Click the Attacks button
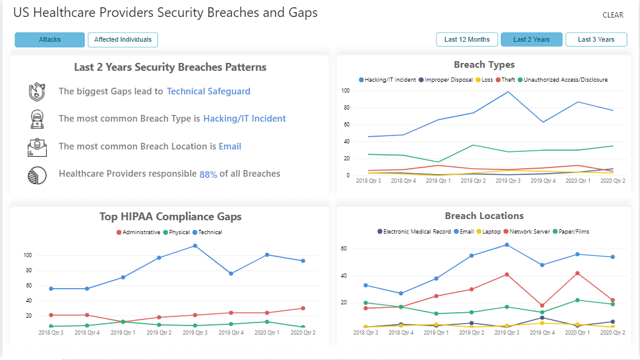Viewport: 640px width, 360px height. coord(50,40)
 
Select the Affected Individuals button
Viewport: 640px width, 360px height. coord(123,40)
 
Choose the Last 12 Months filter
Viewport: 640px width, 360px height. coord(467,40)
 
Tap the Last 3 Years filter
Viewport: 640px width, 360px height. coord(596,40)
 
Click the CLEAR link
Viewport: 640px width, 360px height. coord(613,15)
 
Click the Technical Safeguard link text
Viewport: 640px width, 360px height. coord(208,91)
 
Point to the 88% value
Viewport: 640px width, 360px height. coord(208,174)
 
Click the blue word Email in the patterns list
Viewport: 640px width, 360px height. coord(230,146)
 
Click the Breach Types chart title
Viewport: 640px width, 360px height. coord(484,65)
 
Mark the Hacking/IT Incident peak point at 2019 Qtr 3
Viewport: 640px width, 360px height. coord(508,92)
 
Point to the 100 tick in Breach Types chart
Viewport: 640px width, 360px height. coord(346,91)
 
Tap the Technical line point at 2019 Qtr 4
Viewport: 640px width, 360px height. coord(230,273)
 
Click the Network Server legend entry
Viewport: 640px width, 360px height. coord(528,232)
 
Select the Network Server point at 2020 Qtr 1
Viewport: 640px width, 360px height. coord(577,273)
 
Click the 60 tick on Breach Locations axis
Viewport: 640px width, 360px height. coord(343,249)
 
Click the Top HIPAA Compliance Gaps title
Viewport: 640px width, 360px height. coord(170,217)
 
